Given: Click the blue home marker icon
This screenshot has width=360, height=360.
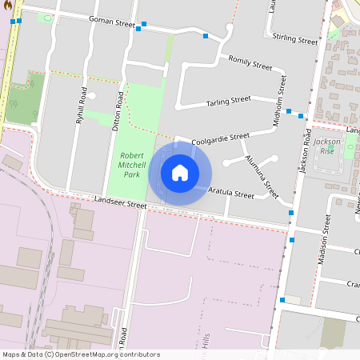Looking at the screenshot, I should pos(180,173).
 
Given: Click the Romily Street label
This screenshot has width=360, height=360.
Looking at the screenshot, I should pos(250,61).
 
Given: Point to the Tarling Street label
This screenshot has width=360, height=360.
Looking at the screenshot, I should pos(228,101).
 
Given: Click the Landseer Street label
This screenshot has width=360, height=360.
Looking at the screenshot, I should pos(120,205).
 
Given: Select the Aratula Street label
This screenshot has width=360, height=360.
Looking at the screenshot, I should pos(230,193).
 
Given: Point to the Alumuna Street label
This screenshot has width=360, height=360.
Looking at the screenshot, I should pos(262,176).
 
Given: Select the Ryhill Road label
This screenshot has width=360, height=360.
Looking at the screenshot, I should pos(81,105).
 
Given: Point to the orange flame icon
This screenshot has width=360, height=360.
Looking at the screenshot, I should pos(5,5).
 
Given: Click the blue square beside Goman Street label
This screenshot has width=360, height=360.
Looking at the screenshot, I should pos(144,25).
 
